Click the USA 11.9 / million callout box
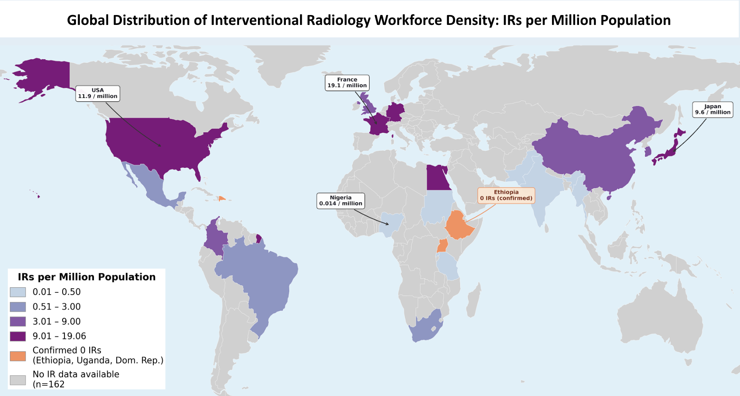point(98,93)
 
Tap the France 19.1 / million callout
point(347,82)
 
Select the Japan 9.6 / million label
point(713,110)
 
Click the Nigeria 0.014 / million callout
point(341,201)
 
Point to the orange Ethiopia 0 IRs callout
point(506,195)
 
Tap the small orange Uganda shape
point(442,247)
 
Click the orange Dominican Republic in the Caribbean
point(221,198)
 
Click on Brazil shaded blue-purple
point(258,275)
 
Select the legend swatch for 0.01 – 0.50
point(18,292)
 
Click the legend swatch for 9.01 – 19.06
point(18,336)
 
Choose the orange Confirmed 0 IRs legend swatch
point(18,356)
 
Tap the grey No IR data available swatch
point(18,380)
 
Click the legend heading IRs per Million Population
point(86,277)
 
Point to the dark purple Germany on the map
point(395,113)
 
